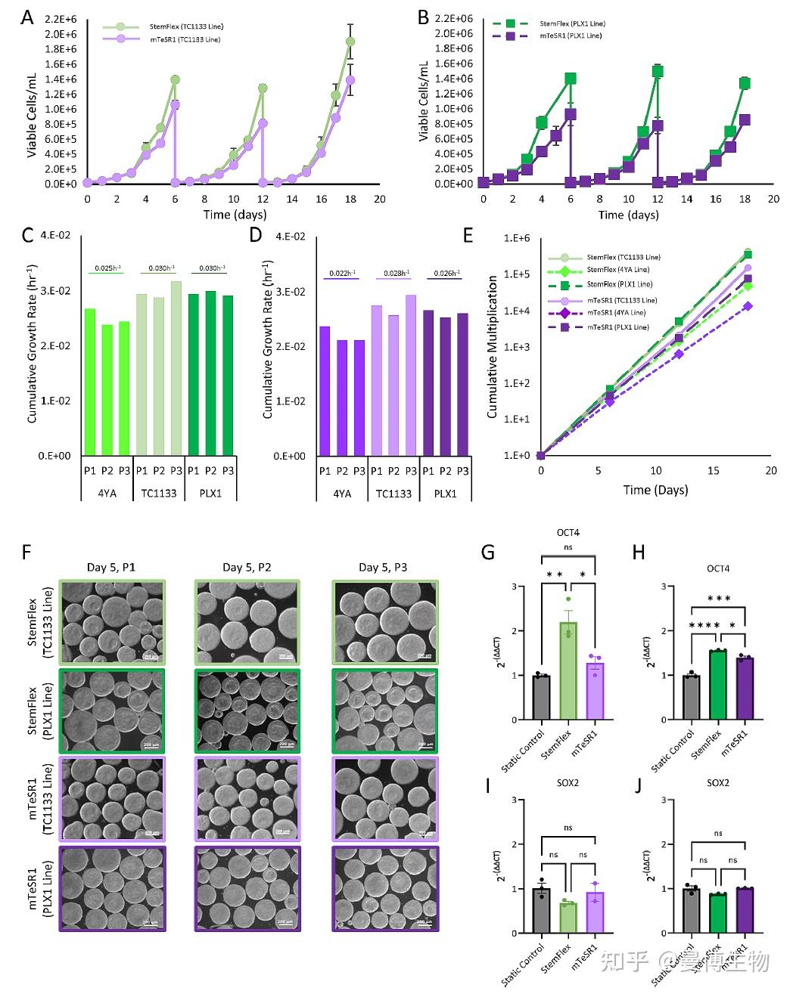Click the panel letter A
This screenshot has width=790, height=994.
pos(27,17)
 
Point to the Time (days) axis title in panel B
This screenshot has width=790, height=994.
pos(628,215)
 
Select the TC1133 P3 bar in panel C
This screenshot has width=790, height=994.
pos(176,368)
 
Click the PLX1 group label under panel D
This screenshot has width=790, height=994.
pos(446,494)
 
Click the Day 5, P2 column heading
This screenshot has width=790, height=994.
pos(247,567)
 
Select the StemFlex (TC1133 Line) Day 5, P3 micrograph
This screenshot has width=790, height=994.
pos(383,621)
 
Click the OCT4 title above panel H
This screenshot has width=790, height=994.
pos(718,568)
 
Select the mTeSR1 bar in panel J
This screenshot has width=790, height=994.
pos(746,911)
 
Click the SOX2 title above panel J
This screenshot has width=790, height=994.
pos(718,782)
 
